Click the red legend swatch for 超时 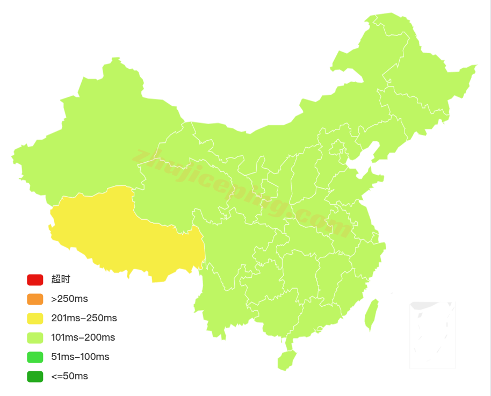click(x=35, y=279)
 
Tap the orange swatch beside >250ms click(x=35, y=299)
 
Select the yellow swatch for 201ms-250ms click(x=35, y=318)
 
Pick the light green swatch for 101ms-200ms click(x=35, y=337)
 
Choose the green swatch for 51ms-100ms click(x=35, y=357)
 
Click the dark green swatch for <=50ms click(x=35, y=376)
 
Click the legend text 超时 click(x=61, y=279)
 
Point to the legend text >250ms click(x=69, y=299)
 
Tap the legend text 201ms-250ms click(x=84, y=318)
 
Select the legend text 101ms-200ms click(x=83, y=337)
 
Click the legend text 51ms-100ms click(x=80, y=357)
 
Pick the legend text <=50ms click(x=69, y=376)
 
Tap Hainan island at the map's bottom click(x=287, y=360)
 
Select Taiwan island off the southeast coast click(x=371, y=315)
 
